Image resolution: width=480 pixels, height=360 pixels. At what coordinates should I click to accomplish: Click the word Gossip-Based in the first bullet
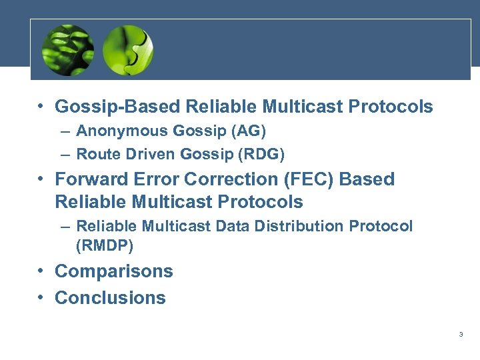117,107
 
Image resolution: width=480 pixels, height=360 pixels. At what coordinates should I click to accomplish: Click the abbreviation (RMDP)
105,245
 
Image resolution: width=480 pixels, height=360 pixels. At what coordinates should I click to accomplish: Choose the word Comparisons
113,271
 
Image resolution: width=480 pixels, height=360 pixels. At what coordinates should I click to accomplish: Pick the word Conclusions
110,297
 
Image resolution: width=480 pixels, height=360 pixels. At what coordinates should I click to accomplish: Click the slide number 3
461,335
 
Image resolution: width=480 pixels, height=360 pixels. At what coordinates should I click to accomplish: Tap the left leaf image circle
68,50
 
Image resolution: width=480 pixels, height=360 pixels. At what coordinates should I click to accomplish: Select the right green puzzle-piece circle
128,50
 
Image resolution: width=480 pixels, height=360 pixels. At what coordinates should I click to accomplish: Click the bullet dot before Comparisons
41,271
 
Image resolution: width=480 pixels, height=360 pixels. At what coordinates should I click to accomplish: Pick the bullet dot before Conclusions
41,297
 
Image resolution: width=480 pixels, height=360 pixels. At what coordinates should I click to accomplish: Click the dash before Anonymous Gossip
64,131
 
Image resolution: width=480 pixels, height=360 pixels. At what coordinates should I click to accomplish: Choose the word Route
95,155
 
